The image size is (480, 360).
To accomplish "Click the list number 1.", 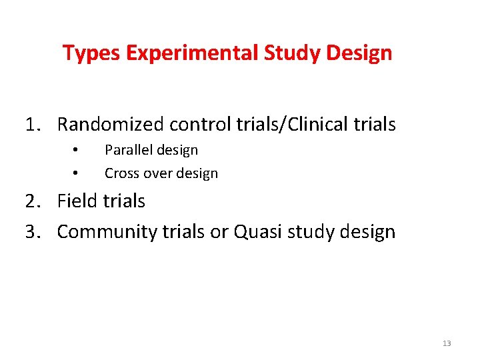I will click(x=32, y=125).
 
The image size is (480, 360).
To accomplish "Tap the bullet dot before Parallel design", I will click(x=77, y=149).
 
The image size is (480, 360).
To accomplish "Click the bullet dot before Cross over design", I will click(x=77, y=173).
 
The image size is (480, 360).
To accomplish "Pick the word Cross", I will click(x=121, y=173).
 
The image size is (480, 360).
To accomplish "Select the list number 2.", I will click(x=32, y=201).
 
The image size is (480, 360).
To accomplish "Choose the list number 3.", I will click(x=32, y=232).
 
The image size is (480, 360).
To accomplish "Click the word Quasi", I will click(x=249, y=232).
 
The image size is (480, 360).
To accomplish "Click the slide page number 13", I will click(x=446, y=343).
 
